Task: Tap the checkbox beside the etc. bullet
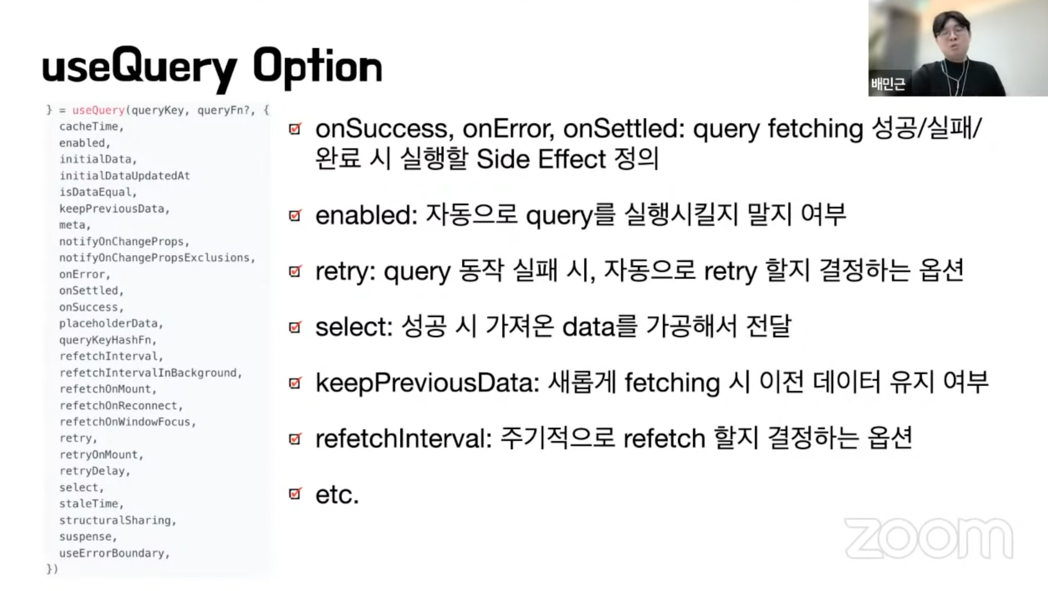coord(295,493)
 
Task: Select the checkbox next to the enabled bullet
coord(295,215)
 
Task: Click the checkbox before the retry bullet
coord(295,271)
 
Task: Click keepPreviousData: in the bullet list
coord(428,383)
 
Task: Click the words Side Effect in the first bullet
coord(541,159)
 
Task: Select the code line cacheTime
coord(91,127)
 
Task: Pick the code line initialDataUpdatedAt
coord(125,176)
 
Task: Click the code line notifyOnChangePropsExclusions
coord(157,258)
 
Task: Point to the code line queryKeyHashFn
coord(108,340)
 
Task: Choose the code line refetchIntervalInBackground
coord(151,372)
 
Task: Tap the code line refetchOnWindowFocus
coord(128,422)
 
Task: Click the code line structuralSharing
coord(118,520)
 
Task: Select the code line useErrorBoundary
coord(114,553)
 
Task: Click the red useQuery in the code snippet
coord(99,110)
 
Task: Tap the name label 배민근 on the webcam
coord(888,84)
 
